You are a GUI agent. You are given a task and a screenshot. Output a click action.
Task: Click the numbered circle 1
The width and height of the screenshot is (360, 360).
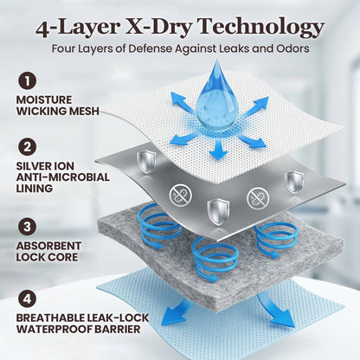[x=28, y=81]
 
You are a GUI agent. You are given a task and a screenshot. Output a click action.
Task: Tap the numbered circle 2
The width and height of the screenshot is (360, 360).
[x=28, y=147]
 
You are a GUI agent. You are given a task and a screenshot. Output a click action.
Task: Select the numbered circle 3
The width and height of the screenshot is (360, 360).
[x=28, y=227]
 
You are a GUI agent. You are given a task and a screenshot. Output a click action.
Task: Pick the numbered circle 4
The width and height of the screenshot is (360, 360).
[x=28, y=299]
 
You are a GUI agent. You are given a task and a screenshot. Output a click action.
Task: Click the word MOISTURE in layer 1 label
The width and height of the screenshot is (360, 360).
[x=44, y=100]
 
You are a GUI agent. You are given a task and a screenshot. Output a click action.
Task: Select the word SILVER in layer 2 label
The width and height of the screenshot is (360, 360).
[x=30, y=166]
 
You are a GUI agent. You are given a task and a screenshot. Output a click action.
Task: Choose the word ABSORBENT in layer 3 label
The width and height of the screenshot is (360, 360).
[x=48, y=246]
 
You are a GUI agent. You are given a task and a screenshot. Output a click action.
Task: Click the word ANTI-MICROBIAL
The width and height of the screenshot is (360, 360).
[x=62, y=177]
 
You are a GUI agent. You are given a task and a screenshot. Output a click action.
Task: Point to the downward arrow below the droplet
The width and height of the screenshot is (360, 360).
[x=218, y=149]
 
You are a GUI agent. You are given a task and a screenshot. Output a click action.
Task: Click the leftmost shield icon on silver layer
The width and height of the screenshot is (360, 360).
[x=146, y=162]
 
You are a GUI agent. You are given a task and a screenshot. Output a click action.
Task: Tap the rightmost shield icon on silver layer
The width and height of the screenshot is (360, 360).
[x=294, y=182]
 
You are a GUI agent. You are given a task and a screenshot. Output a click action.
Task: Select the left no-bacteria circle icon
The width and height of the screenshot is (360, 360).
[x=181, y=196]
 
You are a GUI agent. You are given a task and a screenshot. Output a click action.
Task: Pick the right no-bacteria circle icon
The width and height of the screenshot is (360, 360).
[x=258, y=198]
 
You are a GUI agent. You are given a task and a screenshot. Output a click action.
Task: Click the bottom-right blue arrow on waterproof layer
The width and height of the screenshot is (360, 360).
[x=274, y=310]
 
